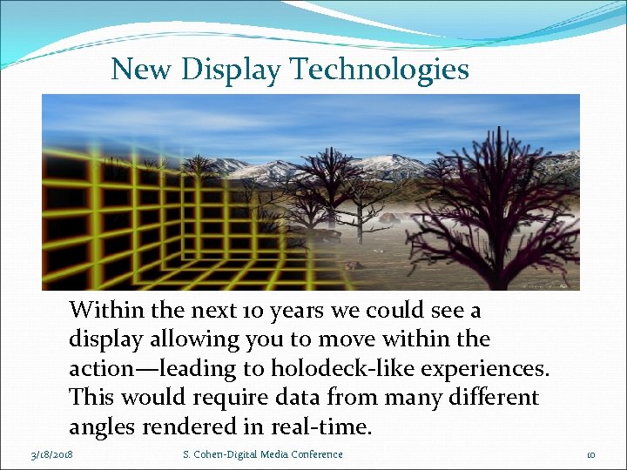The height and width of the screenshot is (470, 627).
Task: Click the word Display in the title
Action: click(231, 70)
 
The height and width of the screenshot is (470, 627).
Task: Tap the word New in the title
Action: click(143, 70)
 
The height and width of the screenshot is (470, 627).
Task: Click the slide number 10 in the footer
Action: click(590, 454)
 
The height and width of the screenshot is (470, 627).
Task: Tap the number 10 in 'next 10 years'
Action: click(245, 311)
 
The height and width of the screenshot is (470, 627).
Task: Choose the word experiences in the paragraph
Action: click(485, 369)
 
